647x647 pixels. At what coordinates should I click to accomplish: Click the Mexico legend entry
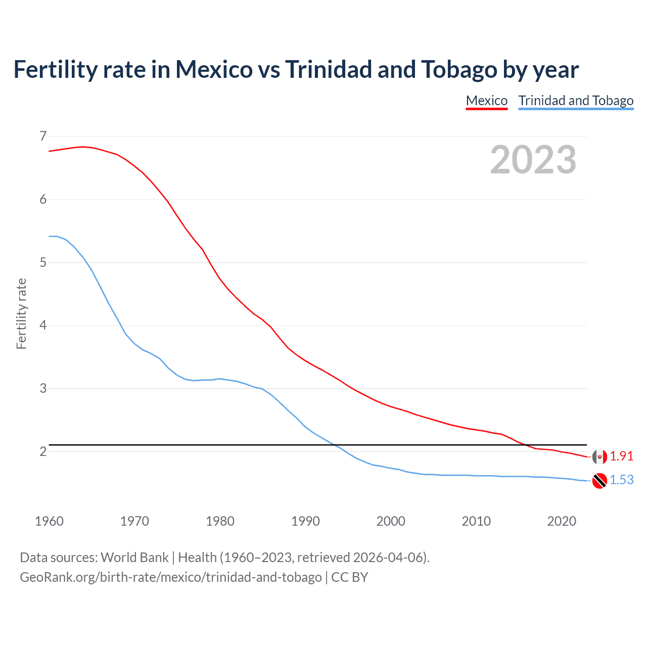(x=486, y=101)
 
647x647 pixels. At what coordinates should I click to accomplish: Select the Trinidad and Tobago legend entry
(x=576, y=101)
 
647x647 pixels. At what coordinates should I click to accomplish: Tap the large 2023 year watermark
(x=533, y=160)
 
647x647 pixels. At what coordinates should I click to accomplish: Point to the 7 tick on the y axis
(x=43, y=136)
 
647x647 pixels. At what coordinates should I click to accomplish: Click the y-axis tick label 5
(x=43, y=262)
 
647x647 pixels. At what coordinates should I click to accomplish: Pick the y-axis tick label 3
(x=43, y=388)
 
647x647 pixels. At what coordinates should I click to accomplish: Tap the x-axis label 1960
(x=49, y=521)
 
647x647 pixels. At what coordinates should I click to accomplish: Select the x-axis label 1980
(x=220, y=521)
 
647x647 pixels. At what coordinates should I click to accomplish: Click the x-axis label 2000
(x=391, y=521)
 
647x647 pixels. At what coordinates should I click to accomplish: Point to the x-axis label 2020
(x=562, y=521)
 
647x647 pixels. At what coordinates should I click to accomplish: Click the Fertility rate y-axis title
(x=21, y=313)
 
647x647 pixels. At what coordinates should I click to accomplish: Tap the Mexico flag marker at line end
(x=599, y=456)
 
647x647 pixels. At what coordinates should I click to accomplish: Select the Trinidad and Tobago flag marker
(x=599, y=480)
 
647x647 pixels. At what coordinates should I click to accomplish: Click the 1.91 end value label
(x=621, y=456)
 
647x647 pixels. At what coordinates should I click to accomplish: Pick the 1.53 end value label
(x=621, y=480)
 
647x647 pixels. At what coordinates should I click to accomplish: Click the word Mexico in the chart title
(x=213, y=70)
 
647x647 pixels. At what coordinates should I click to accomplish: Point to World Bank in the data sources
(x=134, y=558)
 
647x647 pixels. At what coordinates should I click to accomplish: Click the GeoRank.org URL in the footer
(x=170, y=577)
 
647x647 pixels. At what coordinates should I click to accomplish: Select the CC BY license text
(x=350, y=577)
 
